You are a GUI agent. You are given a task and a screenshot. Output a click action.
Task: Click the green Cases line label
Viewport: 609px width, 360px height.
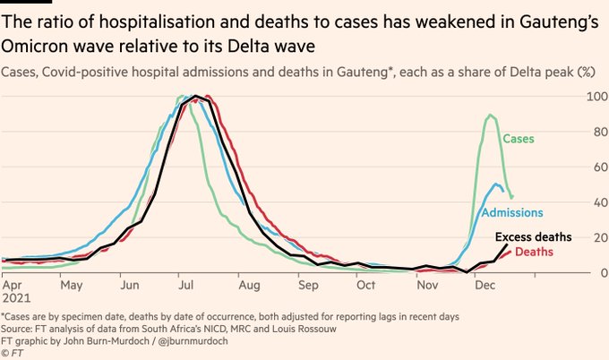(x=519, y=139)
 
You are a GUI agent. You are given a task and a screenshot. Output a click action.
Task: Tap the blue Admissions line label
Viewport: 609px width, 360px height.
(x=511, y=212)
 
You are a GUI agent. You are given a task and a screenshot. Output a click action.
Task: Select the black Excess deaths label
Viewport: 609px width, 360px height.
(x=533, y=237)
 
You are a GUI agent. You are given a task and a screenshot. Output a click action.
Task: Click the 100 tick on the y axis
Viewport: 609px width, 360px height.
(x=592, y=97)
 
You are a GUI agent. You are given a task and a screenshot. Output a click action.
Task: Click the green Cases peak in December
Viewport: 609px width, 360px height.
(x=490, y=115)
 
